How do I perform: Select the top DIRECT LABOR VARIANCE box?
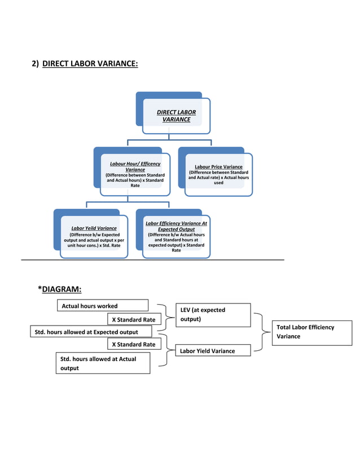click(176, 116)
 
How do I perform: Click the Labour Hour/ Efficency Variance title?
click(135, 166)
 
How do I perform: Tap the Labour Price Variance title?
click(218, 167)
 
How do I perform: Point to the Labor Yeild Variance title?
click(94, 228)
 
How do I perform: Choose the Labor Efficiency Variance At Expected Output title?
click(176, 226)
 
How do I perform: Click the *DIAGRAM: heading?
click(60, 289)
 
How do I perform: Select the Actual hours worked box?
click(102, 306)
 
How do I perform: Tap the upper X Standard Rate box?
click(134, 320)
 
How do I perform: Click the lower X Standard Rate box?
click(134, 344)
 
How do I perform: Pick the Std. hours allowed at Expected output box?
click(90, 332)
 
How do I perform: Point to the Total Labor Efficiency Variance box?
click(311, 332)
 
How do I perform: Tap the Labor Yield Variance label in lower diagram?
click(207, 351)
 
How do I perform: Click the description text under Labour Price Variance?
click(218, 178)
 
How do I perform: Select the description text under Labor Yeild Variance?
click(94, 240)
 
